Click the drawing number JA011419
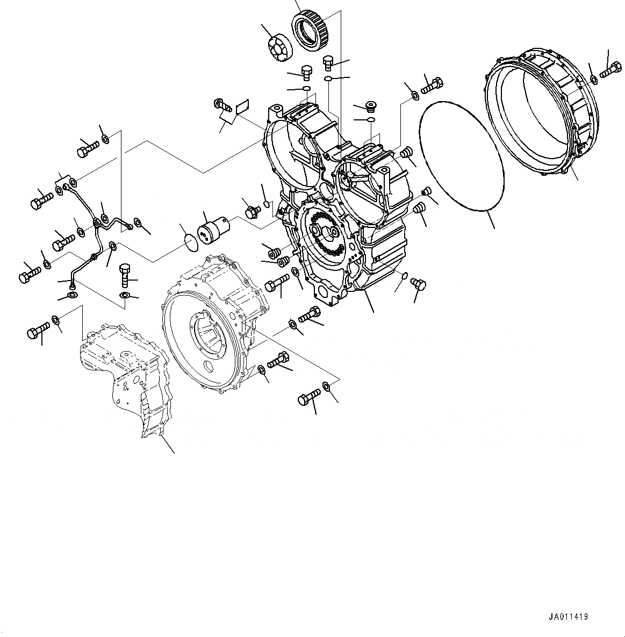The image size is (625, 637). click(x=569, y=617)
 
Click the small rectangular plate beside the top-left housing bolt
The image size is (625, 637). click(x=242, y=106)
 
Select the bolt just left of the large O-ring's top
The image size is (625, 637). click(x=433, y=85)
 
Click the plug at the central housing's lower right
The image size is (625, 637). click(x=419, y=283)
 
